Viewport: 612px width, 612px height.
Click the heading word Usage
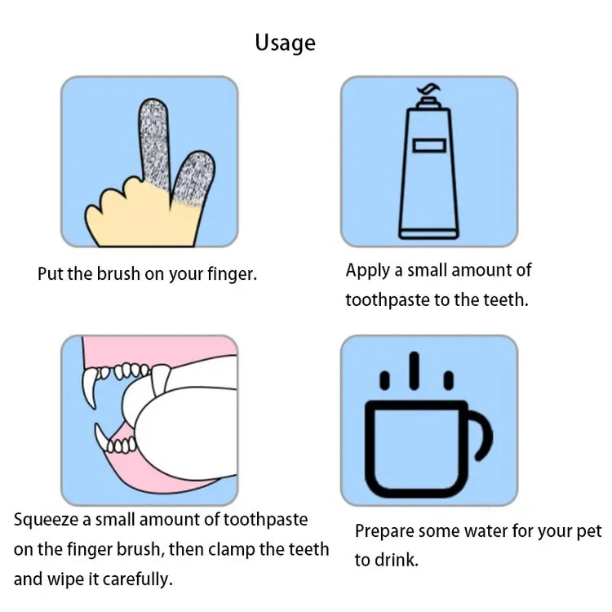point(285,43)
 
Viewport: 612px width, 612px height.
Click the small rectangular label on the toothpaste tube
point(429,145)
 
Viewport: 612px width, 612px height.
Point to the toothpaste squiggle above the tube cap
point(428,90)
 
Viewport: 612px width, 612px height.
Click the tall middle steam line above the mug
point(414,370)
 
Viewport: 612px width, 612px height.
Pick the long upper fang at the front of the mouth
point(90,388)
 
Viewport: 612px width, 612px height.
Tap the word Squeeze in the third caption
point(46,521)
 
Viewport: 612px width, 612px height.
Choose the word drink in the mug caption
point(397,560)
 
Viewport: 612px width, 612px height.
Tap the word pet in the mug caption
point(589,532)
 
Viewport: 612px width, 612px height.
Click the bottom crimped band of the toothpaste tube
point(428,234)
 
